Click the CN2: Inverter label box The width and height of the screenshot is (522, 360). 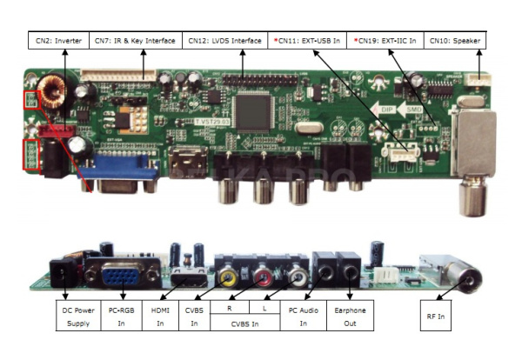[x=59, y=41]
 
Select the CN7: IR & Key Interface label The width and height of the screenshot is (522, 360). [x=136, y=41]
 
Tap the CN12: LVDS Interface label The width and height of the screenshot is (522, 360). [x=224, y=41]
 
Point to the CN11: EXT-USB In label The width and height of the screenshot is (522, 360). [x=306, y=41]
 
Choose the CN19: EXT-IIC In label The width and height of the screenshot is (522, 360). [x=385, y=41]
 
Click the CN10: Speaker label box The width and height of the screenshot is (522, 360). [x=456, y=41]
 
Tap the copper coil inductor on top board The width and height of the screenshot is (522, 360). [x=63, y=90]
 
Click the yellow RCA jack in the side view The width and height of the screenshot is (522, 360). [x=228, y=278]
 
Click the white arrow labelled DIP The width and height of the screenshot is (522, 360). [x=384, y=110]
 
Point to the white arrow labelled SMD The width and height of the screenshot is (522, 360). [x=415, y=110]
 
